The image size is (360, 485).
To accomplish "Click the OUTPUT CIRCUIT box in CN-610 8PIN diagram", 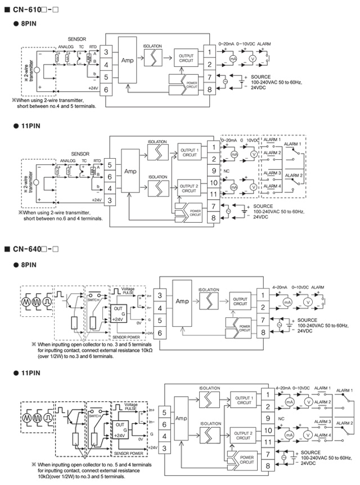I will (186, 58).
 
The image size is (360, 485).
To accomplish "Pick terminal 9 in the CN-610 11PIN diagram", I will (214, 169).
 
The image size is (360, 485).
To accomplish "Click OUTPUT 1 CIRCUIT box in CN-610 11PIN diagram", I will (189, 152).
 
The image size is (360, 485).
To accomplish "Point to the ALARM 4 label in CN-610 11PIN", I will (272, 187).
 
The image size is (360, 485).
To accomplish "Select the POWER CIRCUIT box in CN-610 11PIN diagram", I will (195, 213).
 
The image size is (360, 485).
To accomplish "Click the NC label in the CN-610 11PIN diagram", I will (226, 170).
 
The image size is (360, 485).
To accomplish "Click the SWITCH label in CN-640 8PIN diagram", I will (93, 300).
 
